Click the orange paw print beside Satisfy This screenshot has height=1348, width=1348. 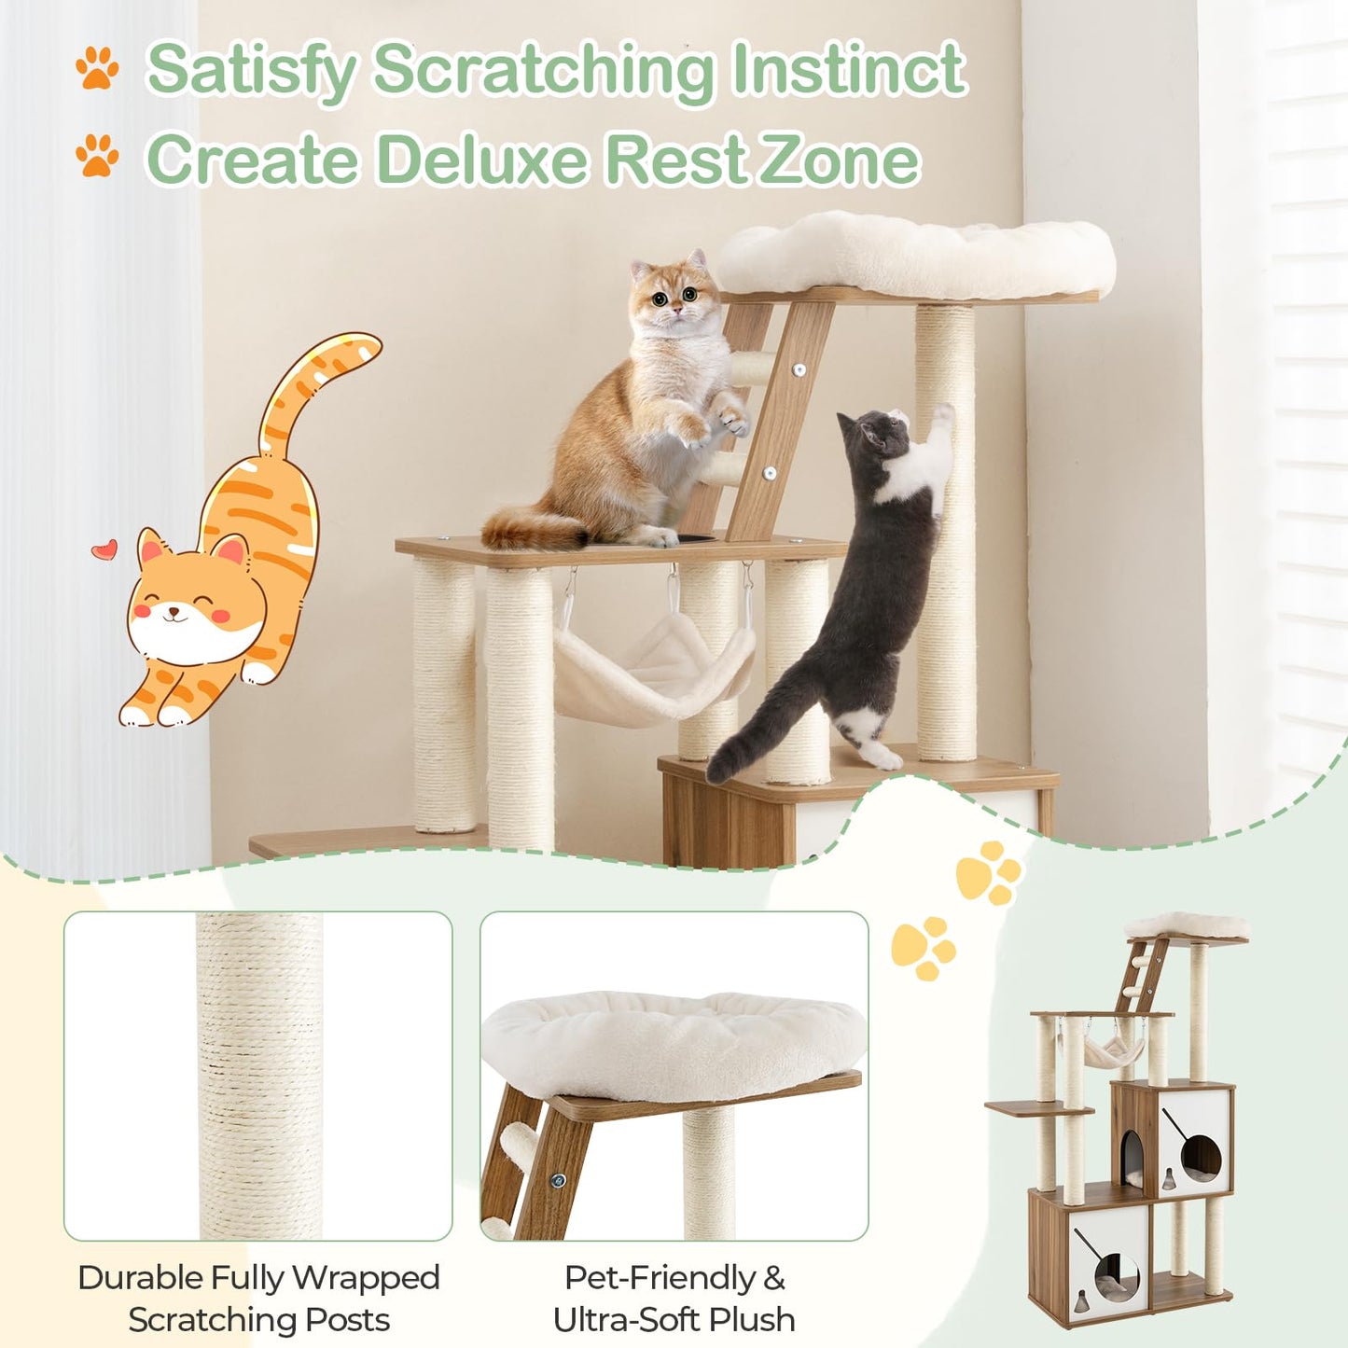pyautogui.click(x=97, y=68)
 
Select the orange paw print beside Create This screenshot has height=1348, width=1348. pyautogui.click(x=97, y=155)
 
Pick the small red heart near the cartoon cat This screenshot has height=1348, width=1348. pyautogui.click(x=104, y=549)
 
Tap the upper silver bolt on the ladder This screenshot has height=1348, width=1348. pyautogui.click(x=799, y=369)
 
